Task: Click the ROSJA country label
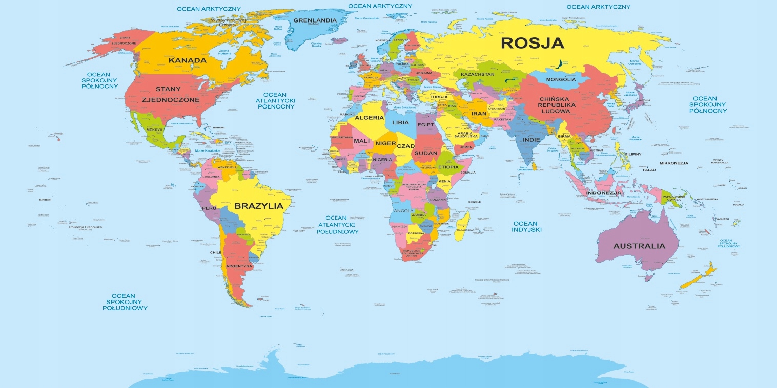click(533, 42)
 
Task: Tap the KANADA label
click(187, 60)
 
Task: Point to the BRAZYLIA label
click(258, 206)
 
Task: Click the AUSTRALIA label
click(639, 246)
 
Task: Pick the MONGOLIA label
click(561, 79)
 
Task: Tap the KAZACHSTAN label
click(478, 75)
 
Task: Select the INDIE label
click(531, 139)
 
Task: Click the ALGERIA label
click(370, 118)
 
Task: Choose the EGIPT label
click(425, 125)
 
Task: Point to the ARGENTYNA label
click(239, 266)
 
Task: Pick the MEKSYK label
click(154, 130)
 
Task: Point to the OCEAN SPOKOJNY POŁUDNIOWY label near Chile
click(125, 302)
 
